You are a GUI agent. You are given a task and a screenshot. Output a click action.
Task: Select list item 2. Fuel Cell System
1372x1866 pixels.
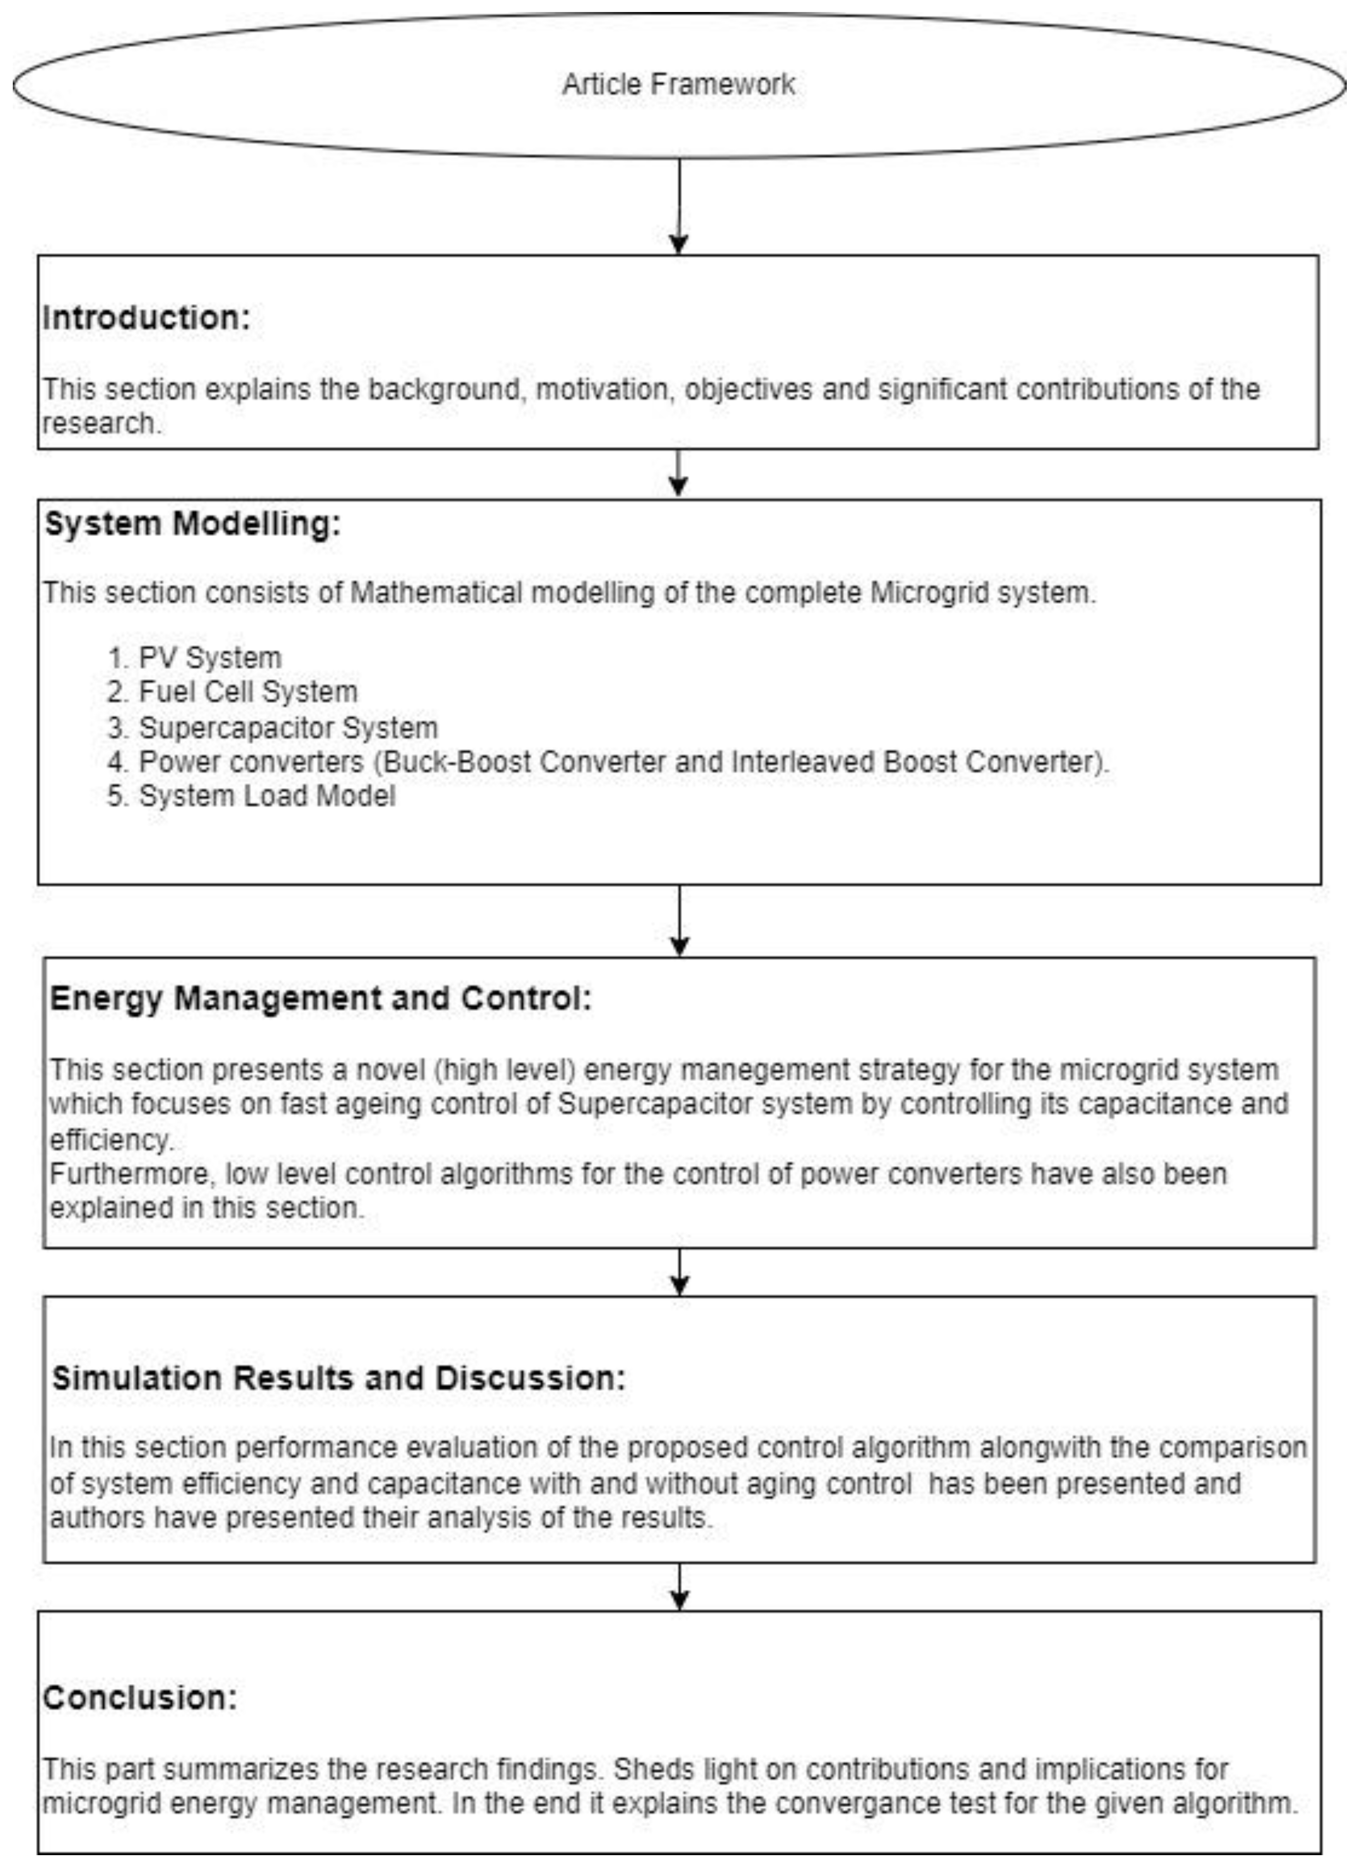(x=233, y=692)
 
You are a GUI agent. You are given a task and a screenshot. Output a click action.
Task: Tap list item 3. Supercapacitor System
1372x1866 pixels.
(x=272, y=728)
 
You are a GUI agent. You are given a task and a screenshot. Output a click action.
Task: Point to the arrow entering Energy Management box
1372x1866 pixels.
(x=679, y=922)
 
